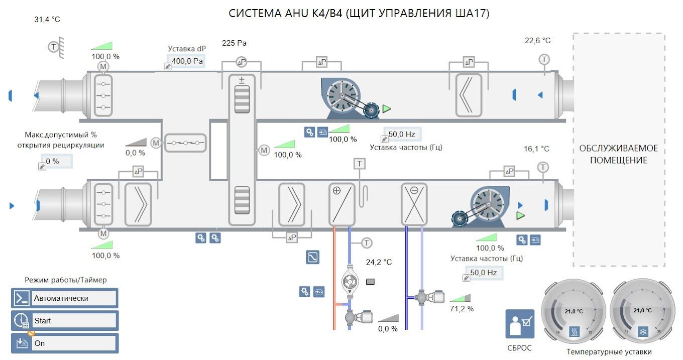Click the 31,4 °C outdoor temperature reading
pyautogui.click(x=47, y=20)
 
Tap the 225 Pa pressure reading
pyautogui.click(x=234, y=43)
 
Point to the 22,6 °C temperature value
pyautogui.click(x=537, y=41)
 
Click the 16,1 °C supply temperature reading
pyautogui.click(x=536, y=149)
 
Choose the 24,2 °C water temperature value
pyautogui.click(x=379, y=262)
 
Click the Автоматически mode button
pyautogui.click(x=65, y=298)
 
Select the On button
pyautogui.click(x=65, y=343)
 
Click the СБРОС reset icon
pyautogui.click(x=520, y=324)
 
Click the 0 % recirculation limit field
pyautogui.click(x=57, y=161)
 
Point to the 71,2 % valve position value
pyautogui.click(x=462, y=309)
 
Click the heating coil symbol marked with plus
pyautogui.click(x=342, y=204)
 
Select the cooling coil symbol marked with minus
pyautogui.click(x=414, y=204)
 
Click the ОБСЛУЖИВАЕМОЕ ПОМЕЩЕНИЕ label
pyautogui.click(x=618, y=154)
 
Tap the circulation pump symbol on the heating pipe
pyautogui.click(x=350, y=281)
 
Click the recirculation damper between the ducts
pyautogui.click(x=185, y=143)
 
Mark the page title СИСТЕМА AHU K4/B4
pyautogui.click(x=286, y=13)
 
